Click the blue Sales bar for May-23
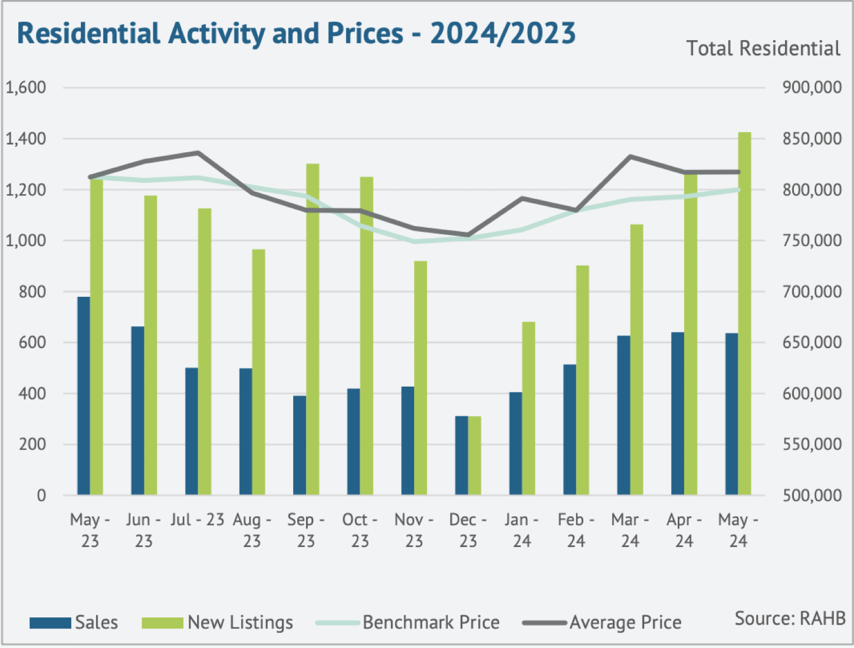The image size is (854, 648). [x=84, y=395]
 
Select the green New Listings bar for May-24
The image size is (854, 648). [x=744, y=313]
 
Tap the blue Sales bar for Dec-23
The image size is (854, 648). [x=461, y=455]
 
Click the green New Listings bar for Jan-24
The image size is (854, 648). [x=528, y=408]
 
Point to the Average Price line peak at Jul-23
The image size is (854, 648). [x=198, y=153]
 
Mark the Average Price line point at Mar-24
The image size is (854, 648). [x=630, y=157]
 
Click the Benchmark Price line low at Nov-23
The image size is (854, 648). [x=415, y=241]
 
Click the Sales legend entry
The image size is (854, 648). [x=74, y=623]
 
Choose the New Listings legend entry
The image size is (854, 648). [x=217, y=623]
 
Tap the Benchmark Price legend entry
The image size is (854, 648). [x=408, y=623]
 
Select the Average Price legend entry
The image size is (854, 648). [x=602, y=623]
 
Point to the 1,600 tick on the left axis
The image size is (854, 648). [x=27, y=87]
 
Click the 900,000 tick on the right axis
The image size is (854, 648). [x=812, y=87]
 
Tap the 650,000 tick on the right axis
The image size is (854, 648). [x=812, y=342]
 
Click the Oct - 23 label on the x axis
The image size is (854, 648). [x=360, y=530]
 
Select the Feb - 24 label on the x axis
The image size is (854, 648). [x=576, y=530]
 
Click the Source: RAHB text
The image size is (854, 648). [x=790, y=618]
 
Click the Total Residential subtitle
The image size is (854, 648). [x=763, y=48]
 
